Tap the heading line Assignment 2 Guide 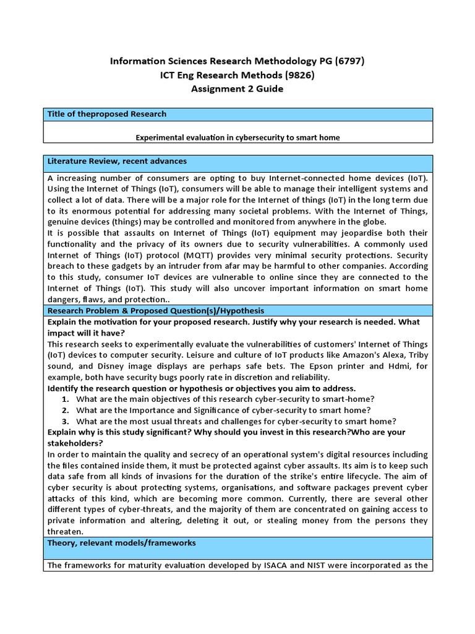pos(237,89)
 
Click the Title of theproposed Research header pos(107,114)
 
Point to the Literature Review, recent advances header pos(117,162)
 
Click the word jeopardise pos(332,233)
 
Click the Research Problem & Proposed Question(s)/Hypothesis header pos(156,311)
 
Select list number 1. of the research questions pos(66,399)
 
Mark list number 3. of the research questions pos(66,421)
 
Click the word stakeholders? pos(72,443)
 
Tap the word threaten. pos(65,531)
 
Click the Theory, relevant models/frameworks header pos(121,543)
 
